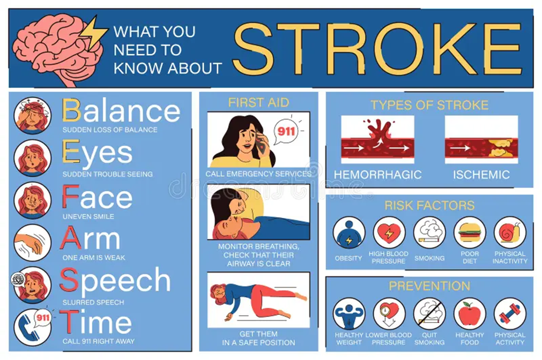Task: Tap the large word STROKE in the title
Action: tap(377, 49)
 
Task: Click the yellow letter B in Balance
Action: tap(71, 110)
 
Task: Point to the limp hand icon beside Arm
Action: tap(33, 243)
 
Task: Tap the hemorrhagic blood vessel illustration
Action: tap(377, 140)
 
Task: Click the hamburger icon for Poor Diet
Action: tap(470, 232)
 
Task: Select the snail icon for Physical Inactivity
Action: tap(510, 232)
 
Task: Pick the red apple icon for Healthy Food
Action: tap(470, 314)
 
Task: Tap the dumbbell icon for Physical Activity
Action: tap(510, 314)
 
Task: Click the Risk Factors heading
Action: tap(429, 206)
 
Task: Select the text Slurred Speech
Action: tap(93, 302)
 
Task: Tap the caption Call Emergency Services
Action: tap(258, 174)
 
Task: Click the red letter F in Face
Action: tap(70, 196)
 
